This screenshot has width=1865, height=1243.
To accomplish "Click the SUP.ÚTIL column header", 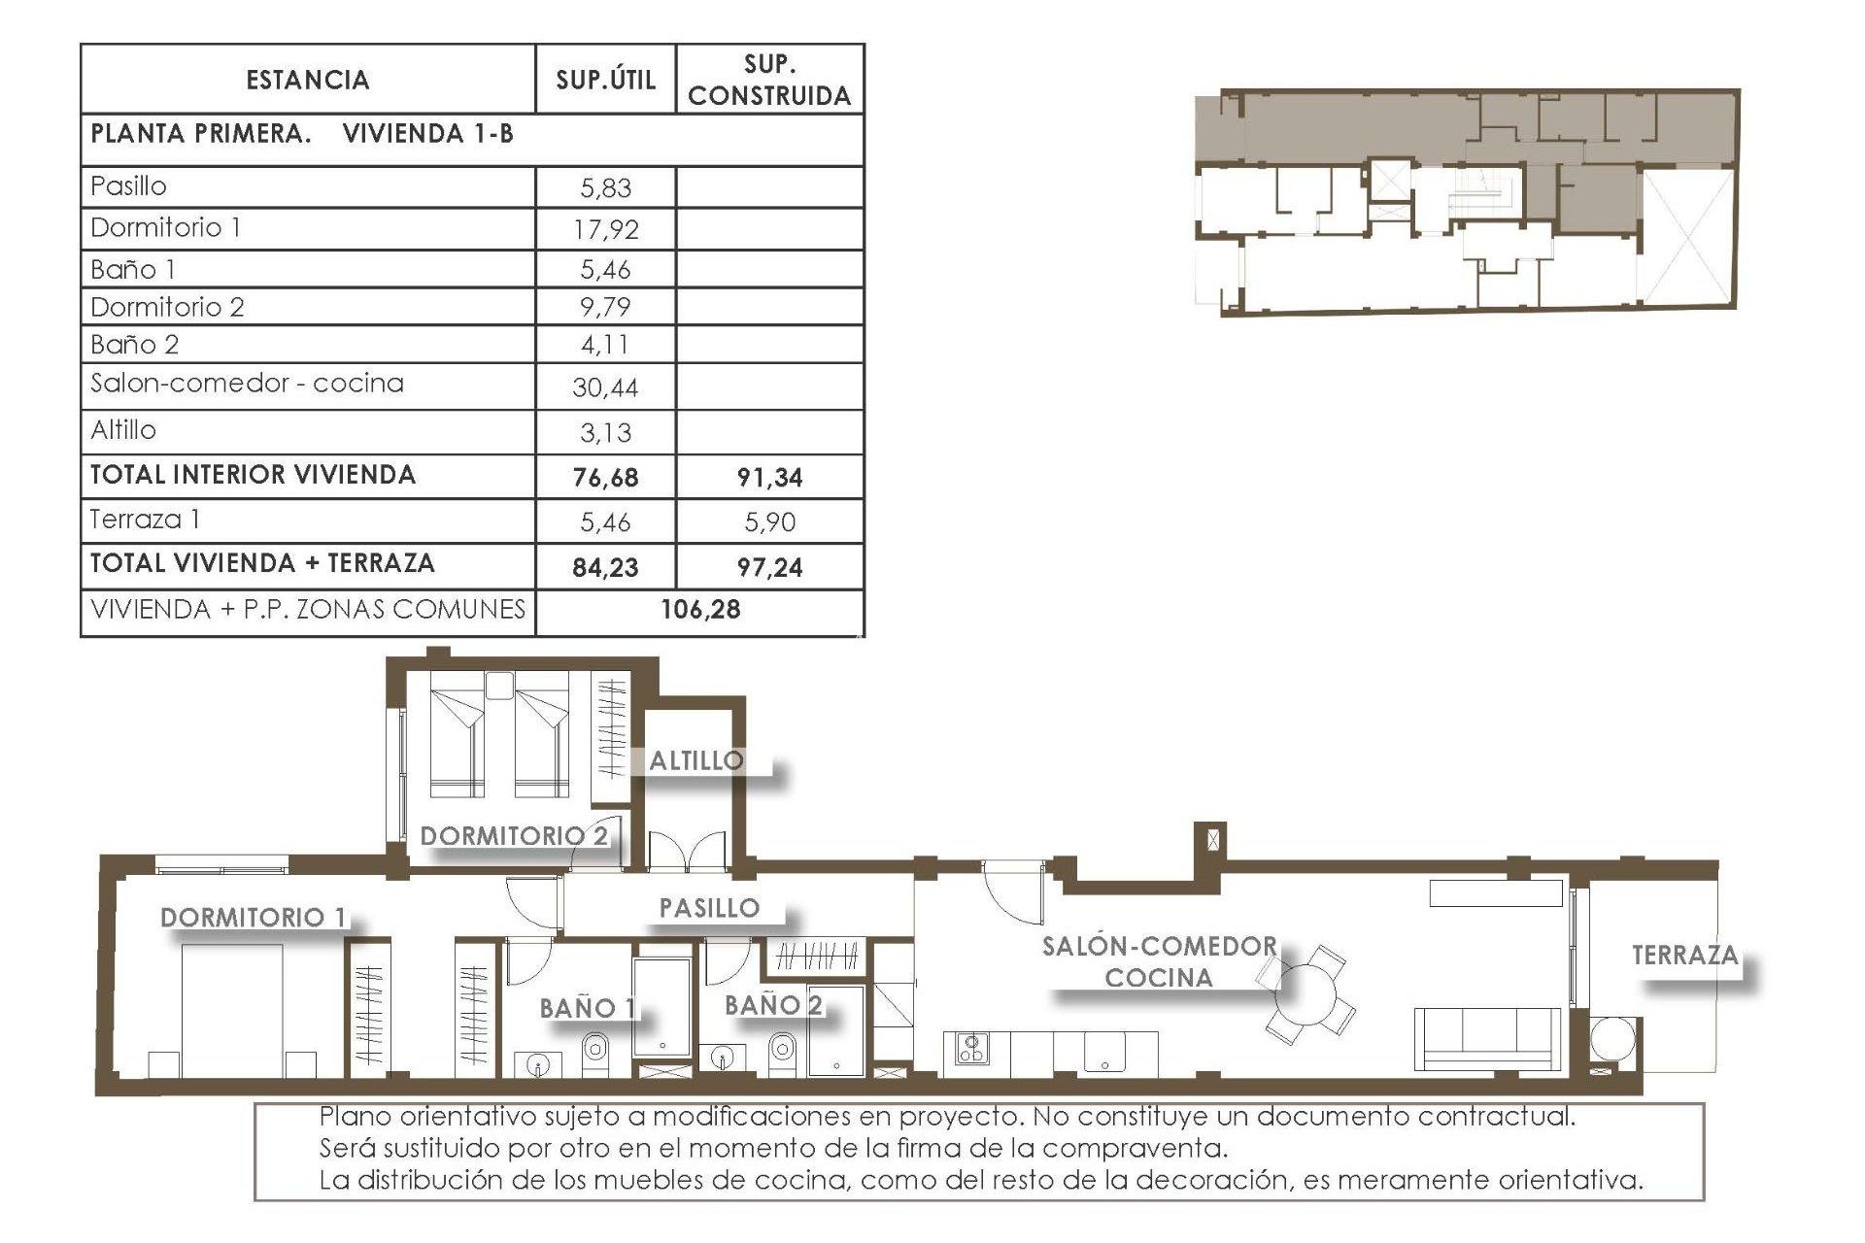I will click(x=605, y=80).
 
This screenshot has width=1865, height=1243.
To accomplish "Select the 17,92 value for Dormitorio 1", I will click(x=605, y=229).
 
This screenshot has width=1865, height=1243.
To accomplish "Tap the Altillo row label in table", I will click(x=123, y=429).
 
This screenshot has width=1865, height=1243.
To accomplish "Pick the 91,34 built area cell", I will click(x=769, y=477).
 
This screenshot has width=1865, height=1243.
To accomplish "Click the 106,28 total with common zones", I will click(x=700, y=610).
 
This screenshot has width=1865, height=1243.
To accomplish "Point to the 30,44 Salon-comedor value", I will click(x=605, y=387).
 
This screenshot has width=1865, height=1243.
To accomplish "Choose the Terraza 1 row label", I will click(x=145, y=520).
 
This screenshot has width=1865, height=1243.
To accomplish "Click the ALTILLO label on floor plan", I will click(x=695, y=760).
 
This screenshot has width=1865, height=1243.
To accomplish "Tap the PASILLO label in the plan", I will click(x=709, y=908).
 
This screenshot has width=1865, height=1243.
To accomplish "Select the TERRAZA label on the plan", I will click(x=1684, y=956).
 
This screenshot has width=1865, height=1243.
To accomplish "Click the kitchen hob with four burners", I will click(x=971, y=1048).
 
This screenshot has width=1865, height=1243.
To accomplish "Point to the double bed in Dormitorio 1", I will click(x=232, y=1010).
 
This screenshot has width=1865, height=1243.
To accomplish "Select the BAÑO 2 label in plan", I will click(x=773, y=1005).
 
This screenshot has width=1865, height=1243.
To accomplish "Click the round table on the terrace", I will click(x=1612, y=1039).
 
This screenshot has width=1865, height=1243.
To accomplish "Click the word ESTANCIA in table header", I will click(x=308, y=80).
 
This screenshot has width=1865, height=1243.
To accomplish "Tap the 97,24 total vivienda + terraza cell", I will click(x=769, y=567).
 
